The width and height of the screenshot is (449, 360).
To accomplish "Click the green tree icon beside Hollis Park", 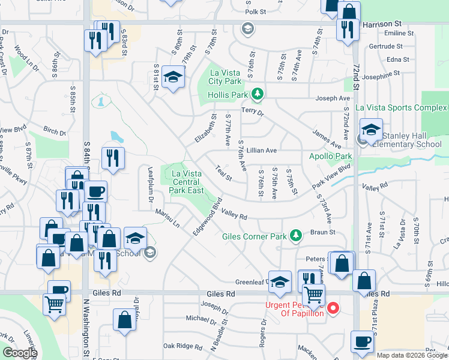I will [258, 94].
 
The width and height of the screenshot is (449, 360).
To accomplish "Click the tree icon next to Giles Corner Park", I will [295, 235].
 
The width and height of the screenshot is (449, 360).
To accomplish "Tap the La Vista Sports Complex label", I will [401, 107].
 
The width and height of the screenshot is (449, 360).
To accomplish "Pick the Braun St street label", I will [322, 232].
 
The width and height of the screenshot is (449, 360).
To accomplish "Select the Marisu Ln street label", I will [168, 217].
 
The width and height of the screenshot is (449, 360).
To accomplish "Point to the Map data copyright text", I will [412, 355].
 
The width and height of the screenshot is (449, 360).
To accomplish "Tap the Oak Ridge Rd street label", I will [182, 346].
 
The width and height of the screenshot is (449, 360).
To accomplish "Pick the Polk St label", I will [256, 11].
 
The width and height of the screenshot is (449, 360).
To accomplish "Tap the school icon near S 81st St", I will [173, 79].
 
